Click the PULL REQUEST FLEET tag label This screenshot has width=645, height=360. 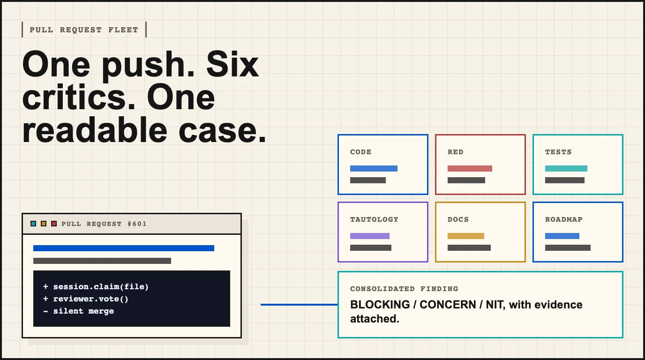[84, 30]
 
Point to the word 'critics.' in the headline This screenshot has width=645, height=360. [79, 97]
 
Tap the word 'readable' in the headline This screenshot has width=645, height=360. [95, 130]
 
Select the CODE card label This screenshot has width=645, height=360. [360, 152]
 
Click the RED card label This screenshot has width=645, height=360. [455, 152]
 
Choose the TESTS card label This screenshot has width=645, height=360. [558, 152]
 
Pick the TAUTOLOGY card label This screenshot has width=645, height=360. [374, 219]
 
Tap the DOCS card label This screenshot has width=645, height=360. [458, 219]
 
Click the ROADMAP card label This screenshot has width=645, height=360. [563, 219]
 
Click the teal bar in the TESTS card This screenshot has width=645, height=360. [566, 168]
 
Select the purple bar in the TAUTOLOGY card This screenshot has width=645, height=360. [370, 236]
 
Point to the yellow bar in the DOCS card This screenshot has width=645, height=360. [466, 236]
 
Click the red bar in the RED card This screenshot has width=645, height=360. [470, 168]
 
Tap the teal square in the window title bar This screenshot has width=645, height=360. [33, 224]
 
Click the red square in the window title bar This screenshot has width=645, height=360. [54, 224]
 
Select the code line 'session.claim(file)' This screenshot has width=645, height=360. [101, 287]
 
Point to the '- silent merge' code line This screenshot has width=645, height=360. [78, 311]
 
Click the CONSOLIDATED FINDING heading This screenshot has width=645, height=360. [404, 289]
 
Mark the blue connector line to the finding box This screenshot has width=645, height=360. [299, 305]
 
